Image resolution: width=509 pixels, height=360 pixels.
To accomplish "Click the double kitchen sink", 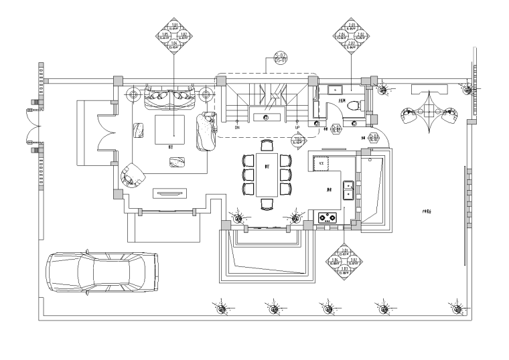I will pyautogui.click(x=349, y=190).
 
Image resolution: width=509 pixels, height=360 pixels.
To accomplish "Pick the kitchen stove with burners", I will pyautogui.click(x=327, y=217).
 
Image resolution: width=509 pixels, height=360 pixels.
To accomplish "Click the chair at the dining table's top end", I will pyautogui.click(x=267, y=145).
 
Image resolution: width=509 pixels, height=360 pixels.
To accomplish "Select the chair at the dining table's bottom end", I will pyautogui.click(x=267, y=204).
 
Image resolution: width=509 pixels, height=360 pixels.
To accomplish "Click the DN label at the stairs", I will pyautogui.click(x=237, y=126).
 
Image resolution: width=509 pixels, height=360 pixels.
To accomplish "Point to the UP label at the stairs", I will pyautogui.click(x=297, y=126).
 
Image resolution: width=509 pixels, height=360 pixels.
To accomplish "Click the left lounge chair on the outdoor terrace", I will pyautogui.click(x=410, y=116).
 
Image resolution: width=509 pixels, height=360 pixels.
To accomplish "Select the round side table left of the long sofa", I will pyautogui.click(x=132, y=92).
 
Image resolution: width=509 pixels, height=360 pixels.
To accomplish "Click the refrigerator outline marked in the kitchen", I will pyautogui.click(x=322, y=163).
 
